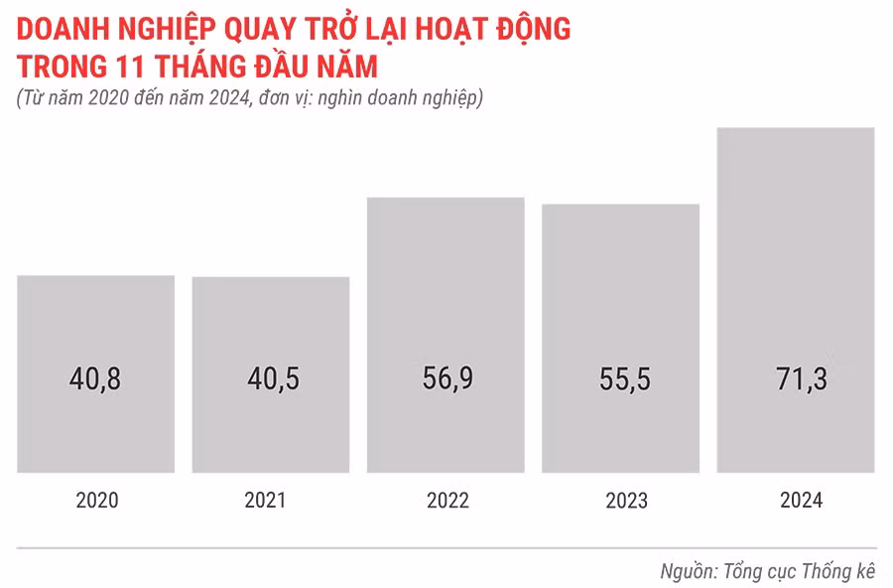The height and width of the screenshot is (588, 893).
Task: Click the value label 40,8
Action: tap(95, 378)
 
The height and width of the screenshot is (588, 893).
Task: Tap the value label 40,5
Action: tap(271, 378)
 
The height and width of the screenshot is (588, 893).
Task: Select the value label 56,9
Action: tap(446, 378)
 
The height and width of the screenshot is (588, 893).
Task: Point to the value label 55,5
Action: tap(621, 378)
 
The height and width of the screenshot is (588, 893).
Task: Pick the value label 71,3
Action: tap(796, 378)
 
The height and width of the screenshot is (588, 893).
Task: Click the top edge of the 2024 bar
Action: tap(796, 129)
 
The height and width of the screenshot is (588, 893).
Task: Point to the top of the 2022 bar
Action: tap(446, 199)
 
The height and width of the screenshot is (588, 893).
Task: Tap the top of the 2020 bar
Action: tap(95, 277)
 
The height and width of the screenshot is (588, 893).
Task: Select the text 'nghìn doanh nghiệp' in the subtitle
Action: tap(407, 98)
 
